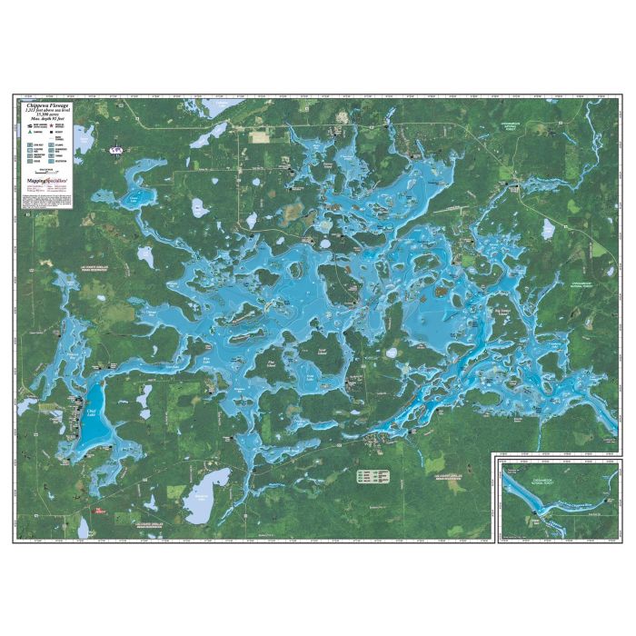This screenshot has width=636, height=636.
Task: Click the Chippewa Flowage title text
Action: pos(50,107)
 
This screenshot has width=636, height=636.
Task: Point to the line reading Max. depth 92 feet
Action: pos(50,123)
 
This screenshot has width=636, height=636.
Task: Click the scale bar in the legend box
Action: pos(50,171)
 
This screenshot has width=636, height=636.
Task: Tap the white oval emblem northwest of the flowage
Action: pos(114,149)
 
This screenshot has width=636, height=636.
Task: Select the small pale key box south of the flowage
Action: pos(372,475)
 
